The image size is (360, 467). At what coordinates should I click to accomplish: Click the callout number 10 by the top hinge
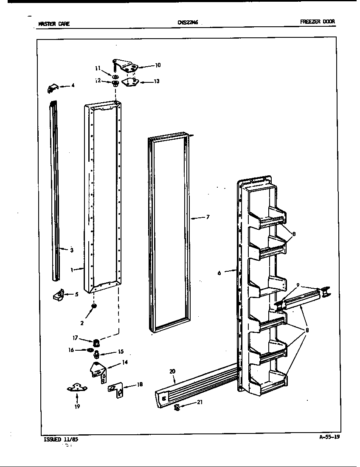[157, 65]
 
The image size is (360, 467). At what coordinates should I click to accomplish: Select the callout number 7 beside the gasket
[208, 217]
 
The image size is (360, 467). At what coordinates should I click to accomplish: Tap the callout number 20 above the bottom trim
[172, 371]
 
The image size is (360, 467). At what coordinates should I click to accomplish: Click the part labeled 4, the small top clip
[52, 87]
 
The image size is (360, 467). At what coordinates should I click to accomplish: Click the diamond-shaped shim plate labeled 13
[130, 82]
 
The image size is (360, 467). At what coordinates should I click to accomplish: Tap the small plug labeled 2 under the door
[94, 307]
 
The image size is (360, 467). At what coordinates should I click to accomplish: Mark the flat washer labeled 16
[90, 350]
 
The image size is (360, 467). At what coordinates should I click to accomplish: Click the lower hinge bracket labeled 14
[98, 371]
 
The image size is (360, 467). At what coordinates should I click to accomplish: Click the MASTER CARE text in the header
[54, 24]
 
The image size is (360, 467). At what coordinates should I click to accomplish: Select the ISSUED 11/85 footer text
[61, 440]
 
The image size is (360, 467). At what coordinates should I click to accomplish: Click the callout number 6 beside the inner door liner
[219, 273]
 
